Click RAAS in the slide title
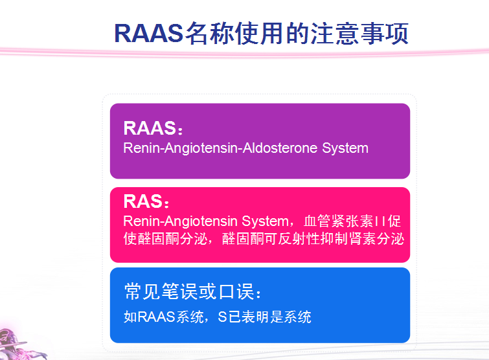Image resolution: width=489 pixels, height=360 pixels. [149, 34]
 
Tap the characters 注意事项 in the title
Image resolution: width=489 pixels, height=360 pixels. [359, 34]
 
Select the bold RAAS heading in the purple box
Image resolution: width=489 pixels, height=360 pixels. [150, 128]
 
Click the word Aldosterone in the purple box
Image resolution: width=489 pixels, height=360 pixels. [280, 148]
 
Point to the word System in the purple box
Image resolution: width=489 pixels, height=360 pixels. [345, 148]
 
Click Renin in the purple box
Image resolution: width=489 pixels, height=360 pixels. [142, 148]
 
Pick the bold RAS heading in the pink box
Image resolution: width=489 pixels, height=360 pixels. [143, 201]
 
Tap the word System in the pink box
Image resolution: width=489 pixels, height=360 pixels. [265, 221]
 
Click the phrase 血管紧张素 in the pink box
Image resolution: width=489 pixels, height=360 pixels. [339, 221]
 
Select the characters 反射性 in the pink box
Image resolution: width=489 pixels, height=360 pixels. [299, 239]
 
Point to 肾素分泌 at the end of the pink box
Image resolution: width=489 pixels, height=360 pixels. [376, 239]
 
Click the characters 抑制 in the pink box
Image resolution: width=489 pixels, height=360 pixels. [334, 239]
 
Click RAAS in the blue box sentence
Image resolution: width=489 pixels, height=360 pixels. [156, 317]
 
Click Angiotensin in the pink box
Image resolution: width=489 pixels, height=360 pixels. [201, 221]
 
